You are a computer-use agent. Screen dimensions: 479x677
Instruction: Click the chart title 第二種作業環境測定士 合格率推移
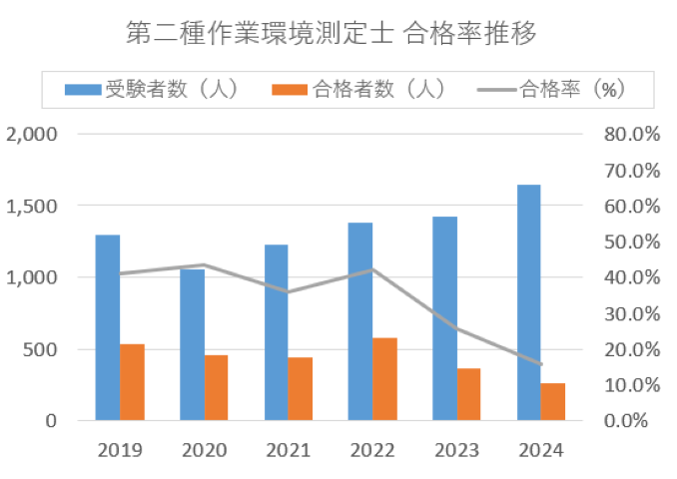click(332, 33)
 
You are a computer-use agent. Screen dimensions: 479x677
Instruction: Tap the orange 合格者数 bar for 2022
click(384, 379)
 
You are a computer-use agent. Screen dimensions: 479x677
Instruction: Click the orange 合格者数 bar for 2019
click(132, 382)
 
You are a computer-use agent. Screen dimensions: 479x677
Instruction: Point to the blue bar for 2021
click(276, 332)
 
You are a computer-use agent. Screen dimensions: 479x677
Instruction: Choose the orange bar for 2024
click(553, 401)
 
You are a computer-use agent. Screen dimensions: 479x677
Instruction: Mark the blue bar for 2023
click(444, 318)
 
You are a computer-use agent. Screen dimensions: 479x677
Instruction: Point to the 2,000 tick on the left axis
click(32, 134)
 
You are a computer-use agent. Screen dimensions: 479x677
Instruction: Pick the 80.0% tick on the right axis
click(630, 134)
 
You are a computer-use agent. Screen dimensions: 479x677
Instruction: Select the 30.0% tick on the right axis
click(630, 313)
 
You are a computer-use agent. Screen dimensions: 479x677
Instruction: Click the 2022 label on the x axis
click(372, 450)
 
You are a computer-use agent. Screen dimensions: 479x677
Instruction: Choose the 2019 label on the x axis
click(120, 450)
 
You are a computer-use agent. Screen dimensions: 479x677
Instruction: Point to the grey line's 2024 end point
click(541, 364)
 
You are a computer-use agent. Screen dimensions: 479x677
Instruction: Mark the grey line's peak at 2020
click(204, 264)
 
